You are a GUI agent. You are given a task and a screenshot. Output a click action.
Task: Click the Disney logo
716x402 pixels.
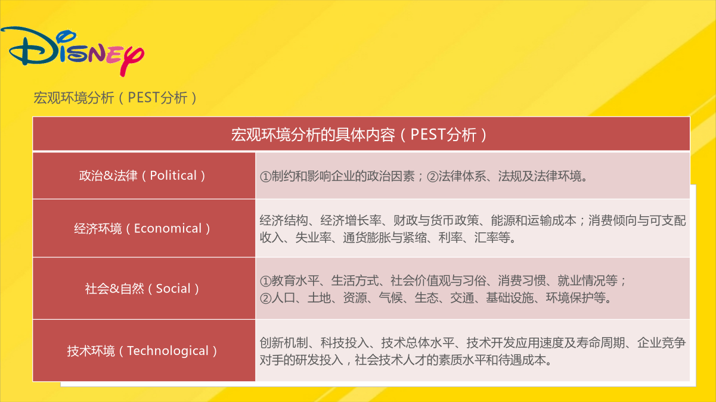coord(72,51)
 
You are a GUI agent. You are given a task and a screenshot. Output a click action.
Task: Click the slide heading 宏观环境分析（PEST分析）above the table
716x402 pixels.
coord(116,98)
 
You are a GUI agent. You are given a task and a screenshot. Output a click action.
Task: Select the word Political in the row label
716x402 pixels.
coord(173,176)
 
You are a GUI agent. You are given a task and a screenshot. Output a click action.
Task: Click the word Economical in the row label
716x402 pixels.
coord(168,229)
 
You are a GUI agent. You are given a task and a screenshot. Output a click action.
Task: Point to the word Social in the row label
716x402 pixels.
coord(173,289)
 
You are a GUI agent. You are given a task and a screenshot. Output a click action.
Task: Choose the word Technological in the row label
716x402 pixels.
coord(168,351)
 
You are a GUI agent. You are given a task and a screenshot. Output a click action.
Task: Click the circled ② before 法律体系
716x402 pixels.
coord(432,176)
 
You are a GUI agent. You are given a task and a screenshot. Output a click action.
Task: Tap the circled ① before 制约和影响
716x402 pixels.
coord(265,176)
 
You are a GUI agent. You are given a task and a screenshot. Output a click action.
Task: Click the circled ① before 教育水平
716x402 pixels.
coord(265,281)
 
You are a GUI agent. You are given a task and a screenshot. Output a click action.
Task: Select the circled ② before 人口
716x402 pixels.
coord(265,298)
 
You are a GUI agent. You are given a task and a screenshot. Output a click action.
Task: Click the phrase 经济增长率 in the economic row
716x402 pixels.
coord(351,220)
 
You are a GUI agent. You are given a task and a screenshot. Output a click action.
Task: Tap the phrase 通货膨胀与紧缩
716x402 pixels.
coord(385,238)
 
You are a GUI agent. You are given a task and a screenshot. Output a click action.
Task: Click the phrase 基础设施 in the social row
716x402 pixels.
coord(510,298)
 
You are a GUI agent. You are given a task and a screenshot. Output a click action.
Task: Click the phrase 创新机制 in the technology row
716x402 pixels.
coord(283,343)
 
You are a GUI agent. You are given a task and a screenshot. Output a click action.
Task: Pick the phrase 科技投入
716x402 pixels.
coord(345,343)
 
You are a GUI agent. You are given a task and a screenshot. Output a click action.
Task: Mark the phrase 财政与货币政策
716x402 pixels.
coord(436,220)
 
